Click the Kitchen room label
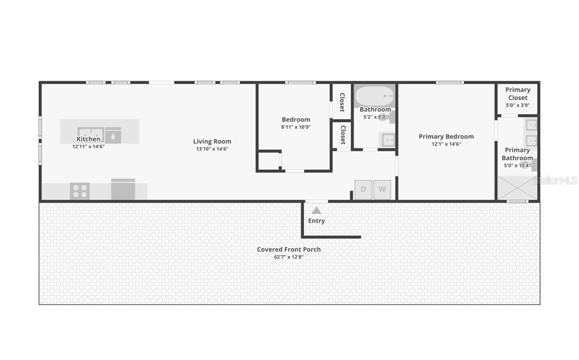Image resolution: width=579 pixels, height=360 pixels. coord(88,139)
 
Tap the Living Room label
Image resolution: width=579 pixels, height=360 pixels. coord(212,141)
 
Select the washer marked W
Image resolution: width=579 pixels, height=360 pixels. coord(382,189)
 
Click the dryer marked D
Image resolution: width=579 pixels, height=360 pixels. coord(363,189)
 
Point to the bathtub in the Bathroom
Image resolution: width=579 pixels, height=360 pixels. coord(375,97)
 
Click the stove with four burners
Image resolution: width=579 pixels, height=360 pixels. coord(80,191)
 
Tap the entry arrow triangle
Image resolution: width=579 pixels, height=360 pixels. coord(317,210)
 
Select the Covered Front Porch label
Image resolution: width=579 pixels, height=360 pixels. coord(289,249)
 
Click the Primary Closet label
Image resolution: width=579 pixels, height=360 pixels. coord(518,94)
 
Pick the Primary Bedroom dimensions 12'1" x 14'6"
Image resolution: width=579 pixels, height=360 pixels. coord(446,144)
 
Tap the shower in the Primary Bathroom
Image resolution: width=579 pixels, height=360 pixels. coord(517,188)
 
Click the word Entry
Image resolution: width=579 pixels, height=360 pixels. coord(317,221)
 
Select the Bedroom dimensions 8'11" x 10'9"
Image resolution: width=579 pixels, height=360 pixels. coord(296,127)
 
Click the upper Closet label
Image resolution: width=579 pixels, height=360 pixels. coord(342,102)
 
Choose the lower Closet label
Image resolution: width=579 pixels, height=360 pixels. coord(343,135)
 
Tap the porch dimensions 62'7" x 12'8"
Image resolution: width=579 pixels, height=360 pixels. coord(289,257)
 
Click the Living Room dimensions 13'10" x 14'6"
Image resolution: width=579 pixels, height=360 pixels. coord(212,149)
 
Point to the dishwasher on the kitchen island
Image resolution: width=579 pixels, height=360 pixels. coord(113,136)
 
